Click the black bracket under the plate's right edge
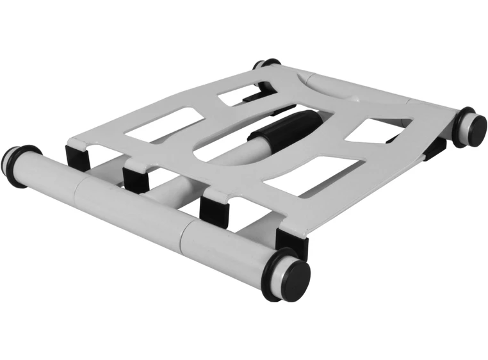[435, 147]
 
